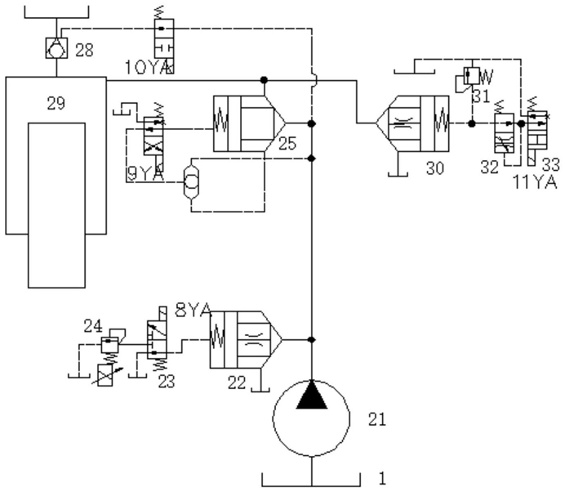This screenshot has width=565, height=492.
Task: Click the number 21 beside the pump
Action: [x=377, y=419]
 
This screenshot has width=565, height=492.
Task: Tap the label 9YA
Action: [x=145, y=174]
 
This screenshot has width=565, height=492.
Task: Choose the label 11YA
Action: [x=534, y=182]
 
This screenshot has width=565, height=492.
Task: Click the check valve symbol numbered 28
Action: [x=56, y=48]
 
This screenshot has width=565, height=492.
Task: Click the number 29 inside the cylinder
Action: [x=56, y=104]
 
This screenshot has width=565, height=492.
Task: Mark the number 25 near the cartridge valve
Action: [x=287, y=144]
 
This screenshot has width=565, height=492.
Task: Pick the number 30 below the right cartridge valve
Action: [x=435, y=168]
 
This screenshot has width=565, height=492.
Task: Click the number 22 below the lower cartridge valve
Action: [x=237, y=382]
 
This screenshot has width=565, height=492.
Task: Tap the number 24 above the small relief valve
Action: [x=93, y=326]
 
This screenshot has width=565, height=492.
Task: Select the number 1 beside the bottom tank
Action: [x=382, y=479]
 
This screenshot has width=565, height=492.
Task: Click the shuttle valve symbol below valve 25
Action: [x=190, y=182]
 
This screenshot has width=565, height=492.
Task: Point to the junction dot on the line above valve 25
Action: [x=264, y=80]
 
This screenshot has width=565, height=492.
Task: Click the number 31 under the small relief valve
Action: [x=481, y=96]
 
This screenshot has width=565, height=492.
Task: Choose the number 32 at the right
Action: [x=489, y=167]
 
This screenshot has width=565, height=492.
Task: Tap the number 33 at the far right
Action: [x=551, y=164]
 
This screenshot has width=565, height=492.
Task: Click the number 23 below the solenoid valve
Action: [x=166, y=382]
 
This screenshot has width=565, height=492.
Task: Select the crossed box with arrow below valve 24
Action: [x=105, y=375]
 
